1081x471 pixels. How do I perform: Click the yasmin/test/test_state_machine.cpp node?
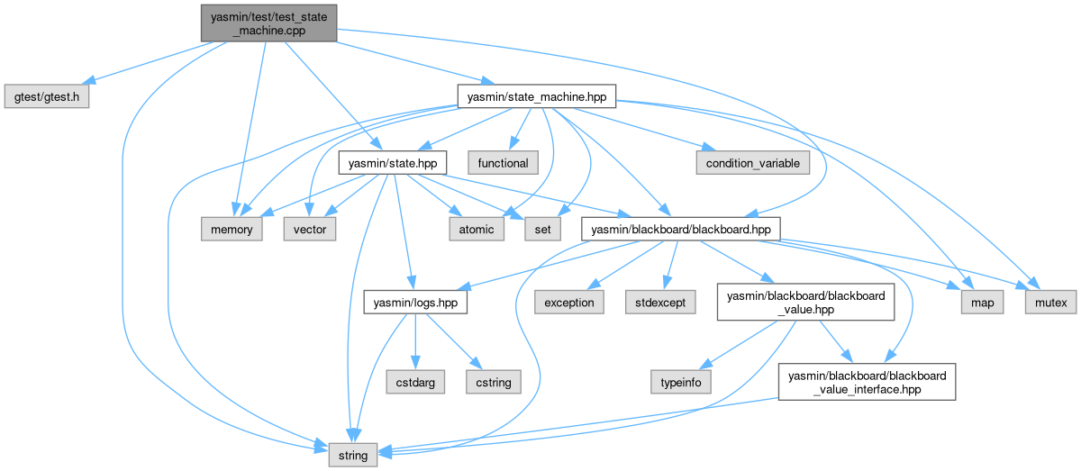[x=268, y=22]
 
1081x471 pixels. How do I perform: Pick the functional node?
[x=504, y=163]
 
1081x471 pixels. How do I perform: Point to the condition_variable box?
[x=752, y=163]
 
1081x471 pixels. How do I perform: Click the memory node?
[x=232, y=229]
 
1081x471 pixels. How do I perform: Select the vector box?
[x=311, y=229]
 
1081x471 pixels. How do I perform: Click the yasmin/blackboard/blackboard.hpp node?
[x=680, y=229]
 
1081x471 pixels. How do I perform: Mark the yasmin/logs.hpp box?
[x=411, y=302]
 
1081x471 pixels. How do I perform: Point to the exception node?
[x=568, y=302]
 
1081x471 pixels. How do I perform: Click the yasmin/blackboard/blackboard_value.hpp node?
[x=804, y=302]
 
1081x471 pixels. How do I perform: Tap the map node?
[x=983, y=302]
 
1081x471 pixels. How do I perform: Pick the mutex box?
[x=1050, y=302]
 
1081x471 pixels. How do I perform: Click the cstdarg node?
[x=415, y=382]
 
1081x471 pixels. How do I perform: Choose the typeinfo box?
[x=681, y=382]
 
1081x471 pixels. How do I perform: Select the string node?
[x=352, y=455]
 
